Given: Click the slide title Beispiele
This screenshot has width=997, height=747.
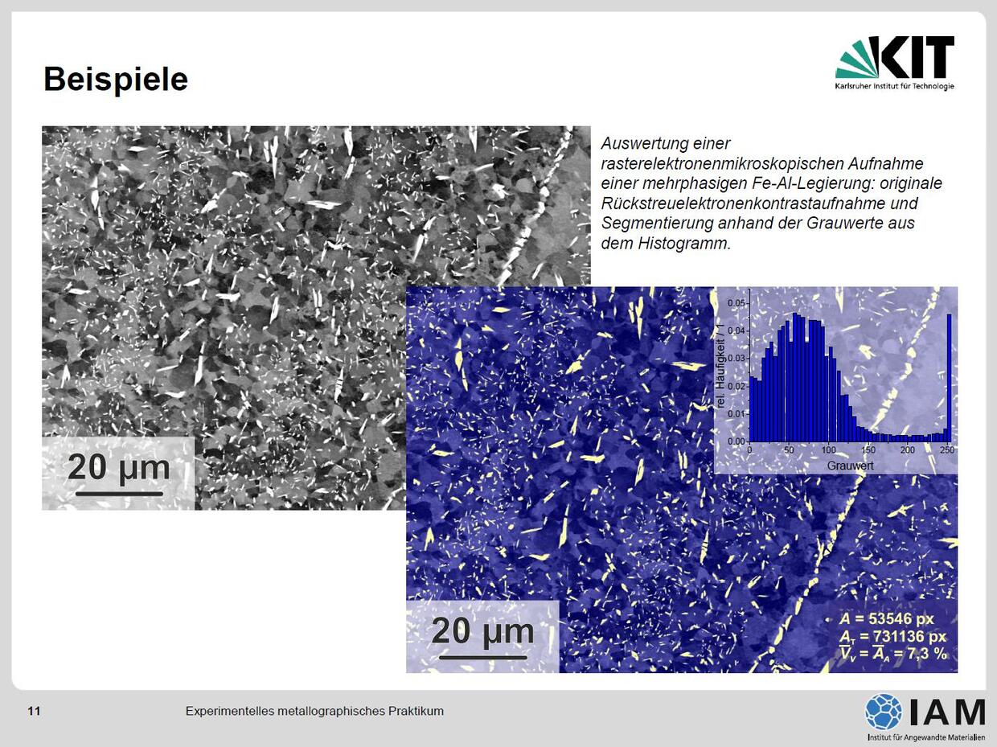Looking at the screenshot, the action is (116, 80).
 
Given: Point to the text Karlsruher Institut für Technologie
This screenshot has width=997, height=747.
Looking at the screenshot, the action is (894, 86).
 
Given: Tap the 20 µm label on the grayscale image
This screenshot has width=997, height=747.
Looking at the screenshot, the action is (119, 467).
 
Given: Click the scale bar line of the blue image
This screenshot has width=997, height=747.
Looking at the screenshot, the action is (483, 657).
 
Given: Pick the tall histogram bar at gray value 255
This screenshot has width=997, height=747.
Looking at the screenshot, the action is (949, 378).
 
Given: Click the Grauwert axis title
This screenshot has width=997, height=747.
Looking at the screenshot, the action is (850, 466).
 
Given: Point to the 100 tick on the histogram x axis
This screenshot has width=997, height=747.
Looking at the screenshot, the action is (829, 450).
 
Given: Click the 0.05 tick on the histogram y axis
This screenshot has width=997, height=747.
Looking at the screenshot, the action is (736, 303).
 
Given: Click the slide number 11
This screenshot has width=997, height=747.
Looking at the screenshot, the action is (34, 711).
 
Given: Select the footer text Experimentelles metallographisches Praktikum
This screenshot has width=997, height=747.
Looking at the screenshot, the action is (314, 711).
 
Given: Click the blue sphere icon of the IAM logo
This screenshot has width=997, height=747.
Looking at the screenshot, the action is (884, 712).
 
